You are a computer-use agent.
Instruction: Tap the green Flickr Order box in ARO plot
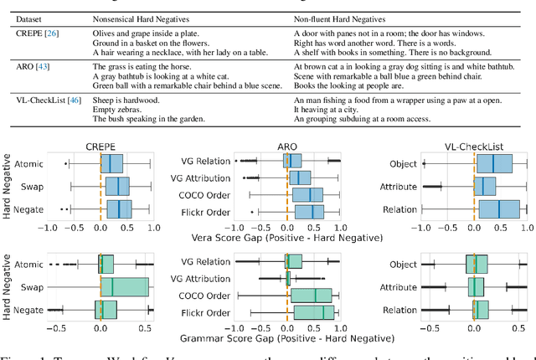(x=314, y=312)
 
